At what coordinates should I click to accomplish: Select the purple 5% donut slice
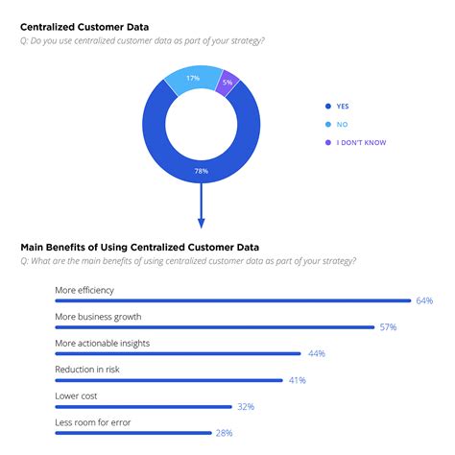(x=227, y=82)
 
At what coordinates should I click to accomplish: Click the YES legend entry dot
(x=328, y=107)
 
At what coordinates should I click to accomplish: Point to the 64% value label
(x=423, y=300)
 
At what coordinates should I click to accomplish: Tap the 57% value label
(x=388, y=327)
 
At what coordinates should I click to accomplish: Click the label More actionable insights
(x=103, y=342)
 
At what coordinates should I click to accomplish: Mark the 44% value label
(x=317, y=354)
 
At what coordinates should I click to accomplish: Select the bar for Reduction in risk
(x=169, y=380)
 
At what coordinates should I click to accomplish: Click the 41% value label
(x=297, y=380)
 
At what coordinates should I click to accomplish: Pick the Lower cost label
(x=77, y=395)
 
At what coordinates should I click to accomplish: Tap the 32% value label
(x=246, y=407)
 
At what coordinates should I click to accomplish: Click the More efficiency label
(x=85, y=289)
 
